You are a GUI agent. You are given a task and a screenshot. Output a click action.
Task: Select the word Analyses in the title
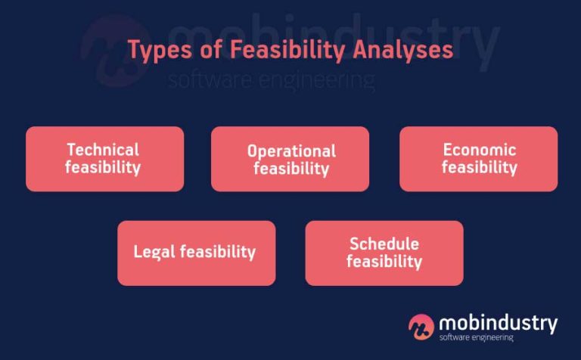(x=402, y=50)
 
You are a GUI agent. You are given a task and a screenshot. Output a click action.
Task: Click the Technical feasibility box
(x=104, y=159)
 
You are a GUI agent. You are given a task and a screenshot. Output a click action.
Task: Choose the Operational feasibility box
(x=290, y=159)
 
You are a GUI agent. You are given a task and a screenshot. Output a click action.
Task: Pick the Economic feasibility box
(x=478, y=159)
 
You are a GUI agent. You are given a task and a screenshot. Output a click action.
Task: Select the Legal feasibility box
(x=196, y=253)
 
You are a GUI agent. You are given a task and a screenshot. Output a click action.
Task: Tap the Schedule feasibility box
(x=384, y=253)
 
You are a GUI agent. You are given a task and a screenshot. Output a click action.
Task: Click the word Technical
(x=103, y=149)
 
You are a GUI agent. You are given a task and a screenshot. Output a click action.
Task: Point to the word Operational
(x=291, y=151)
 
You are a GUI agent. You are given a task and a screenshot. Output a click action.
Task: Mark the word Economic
(x=480, y=149)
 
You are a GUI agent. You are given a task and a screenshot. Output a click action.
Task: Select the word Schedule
(x=384, y=244)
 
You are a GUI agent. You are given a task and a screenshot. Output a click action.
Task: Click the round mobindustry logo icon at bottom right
(x=421, y=326)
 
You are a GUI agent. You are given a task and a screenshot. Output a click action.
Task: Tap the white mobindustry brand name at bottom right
(x=498, y=323)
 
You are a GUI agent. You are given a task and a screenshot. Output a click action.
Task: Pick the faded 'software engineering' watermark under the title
(x=271, y=79)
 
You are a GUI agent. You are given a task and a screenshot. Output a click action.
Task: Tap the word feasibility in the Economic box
(x=480, y=167)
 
